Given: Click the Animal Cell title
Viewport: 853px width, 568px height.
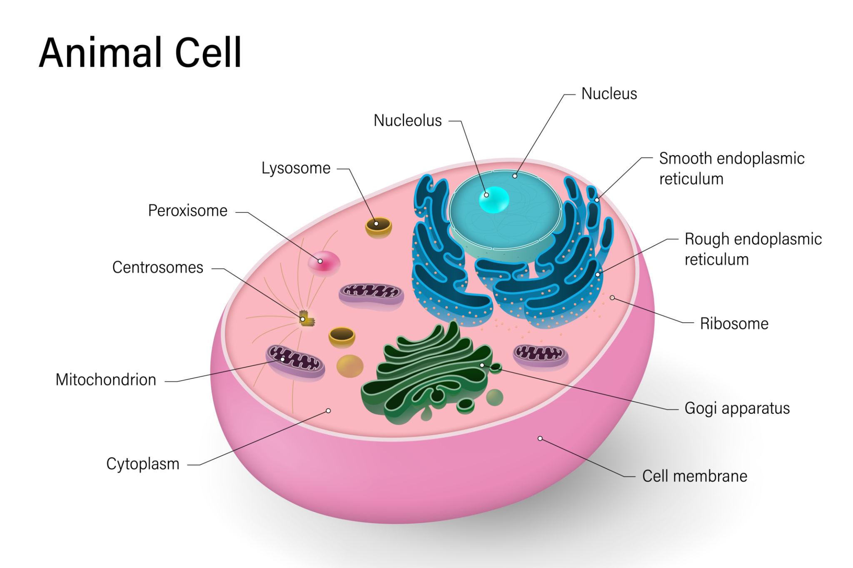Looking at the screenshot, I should (140, 53).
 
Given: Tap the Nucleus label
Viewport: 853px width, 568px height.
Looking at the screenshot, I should (609, 94).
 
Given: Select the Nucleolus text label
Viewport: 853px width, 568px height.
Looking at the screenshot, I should (407, 120).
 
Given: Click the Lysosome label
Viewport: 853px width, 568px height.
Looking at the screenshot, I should (296, 168).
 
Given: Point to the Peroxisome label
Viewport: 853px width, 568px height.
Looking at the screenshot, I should (187, 211).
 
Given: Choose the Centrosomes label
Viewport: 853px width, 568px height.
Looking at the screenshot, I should (157, 267).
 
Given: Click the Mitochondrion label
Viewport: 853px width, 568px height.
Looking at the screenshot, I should (106, 379).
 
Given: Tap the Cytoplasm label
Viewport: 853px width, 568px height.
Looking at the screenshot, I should (142, 464).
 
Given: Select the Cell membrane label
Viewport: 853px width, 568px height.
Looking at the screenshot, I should (694, 476).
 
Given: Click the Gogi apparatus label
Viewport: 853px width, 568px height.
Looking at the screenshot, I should (737, 408).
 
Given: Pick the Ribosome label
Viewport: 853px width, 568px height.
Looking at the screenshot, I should (734, 323).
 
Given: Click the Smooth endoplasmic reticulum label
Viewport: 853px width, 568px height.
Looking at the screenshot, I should (731, 168).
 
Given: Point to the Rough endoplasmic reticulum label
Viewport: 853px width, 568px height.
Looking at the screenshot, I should (753, 249).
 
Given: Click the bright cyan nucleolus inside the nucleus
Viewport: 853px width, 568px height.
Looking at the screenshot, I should (494, 199).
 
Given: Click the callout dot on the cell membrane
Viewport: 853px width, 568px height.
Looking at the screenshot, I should (540, 438).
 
